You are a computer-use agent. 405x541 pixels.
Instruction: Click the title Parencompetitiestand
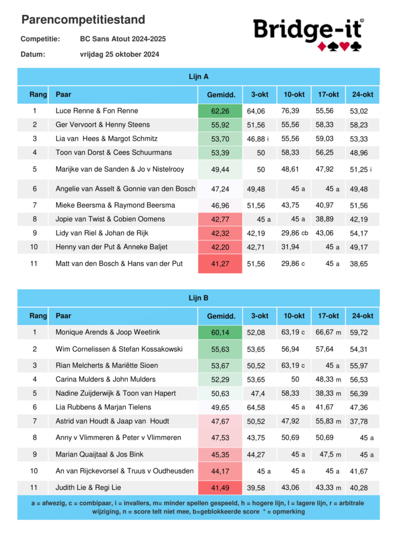pos(83,20)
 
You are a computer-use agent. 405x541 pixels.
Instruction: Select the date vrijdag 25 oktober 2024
pos(119,54)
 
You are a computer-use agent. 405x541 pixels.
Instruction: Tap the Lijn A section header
pos(199,77)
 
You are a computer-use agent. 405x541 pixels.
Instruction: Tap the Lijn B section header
pos(199,298)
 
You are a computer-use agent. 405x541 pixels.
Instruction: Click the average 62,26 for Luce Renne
pos(220,111)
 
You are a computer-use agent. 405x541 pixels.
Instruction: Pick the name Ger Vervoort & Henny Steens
pos(102,125)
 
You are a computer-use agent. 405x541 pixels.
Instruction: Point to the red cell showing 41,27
pos(220,263)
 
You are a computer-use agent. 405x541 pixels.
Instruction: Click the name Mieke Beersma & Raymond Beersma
pos(115,205)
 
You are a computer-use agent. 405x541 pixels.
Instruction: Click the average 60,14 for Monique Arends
pos(220,332)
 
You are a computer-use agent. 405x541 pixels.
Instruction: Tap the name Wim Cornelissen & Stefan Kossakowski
pos(119,349)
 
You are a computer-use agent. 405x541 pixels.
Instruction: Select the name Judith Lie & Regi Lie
pos(88,488)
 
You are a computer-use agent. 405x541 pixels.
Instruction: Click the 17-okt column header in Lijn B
pos(328,316)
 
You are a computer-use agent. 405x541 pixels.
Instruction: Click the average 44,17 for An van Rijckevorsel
pos(220,471)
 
